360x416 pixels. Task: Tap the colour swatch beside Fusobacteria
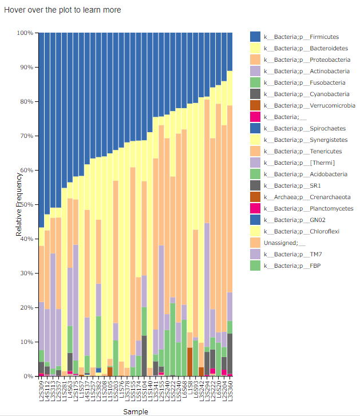(x=255, y=82)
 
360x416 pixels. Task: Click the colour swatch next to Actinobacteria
(x=255, y=71)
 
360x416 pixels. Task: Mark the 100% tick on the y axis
(x=25, y=33)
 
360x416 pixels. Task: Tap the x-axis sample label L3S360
(x=230, y=390)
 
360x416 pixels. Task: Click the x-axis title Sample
(x=136, y=411)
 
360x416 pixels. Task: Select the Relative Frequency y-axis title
(x=19, y=204)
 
